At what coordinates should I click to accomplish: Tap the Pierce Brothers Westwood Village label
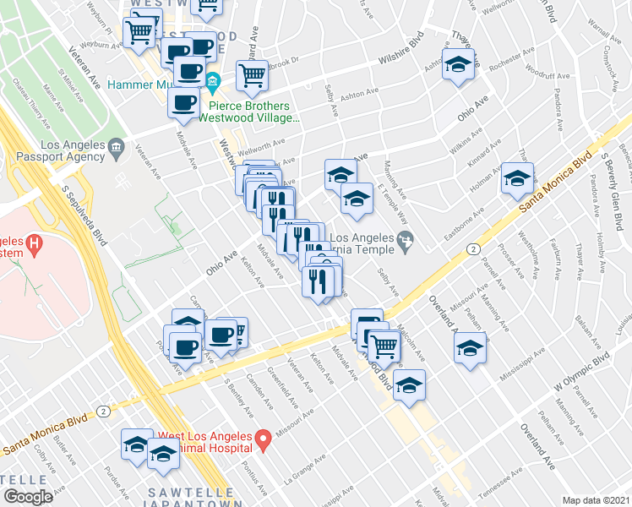[x=243, y=112]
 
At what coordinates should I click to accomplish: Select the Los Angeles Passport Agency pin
[x=117, y=149]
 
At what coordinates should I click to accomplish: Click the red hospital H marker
[x=34, y=245]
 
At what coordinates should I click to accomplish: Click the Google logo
[x=28, y=496]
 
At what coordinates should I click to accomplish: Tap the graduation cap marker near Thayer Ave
[x=457, y=64]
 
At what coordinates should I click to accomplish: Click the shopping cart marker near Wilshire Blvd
[x=252, y=75]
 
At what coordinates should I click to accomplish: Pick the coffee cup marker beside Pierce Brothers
[x=184, y=103]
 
